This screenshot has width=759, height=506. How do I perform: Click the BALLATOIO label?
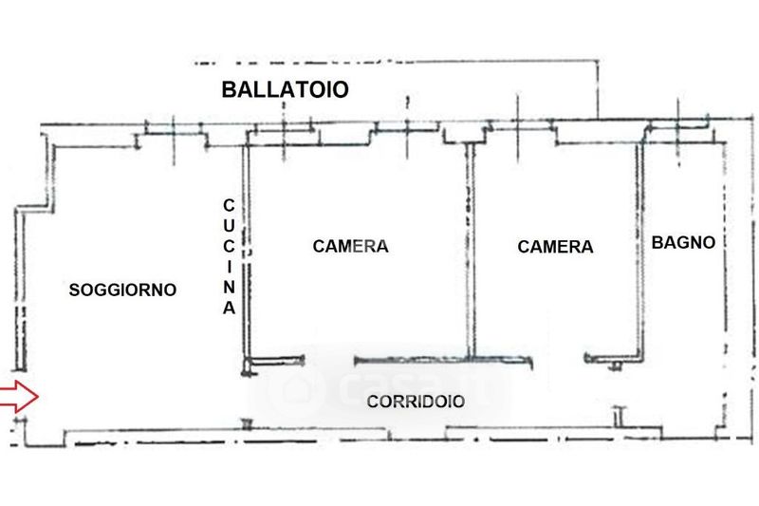(x=285, y=90)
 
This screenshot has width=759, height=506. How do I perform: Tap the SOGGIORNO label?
(x=123, y=290)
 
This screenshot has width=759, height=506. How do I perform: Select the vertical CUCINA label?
(x=228, y=256)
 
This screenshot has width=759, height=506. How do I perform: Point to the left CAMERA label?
(x=350, y=246)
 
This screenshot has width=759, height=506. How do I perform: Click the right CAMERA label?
(x=555, y=247)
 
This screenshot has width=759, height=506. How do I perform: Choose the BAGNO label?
(x=683, y=243)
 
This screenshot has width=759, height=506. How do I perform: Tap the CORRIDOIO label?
(x=416, y=402)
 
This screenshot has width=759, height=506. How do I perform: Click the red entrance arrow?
(x=18, y=396)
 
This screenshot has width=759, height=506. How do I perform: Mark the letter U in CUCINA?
(x=228, y=225)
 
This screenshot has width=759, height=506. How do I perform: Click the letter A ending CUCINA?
(x=228, y=309)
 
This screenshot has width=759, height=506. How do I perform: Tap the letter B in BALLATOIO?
(x=228, y=90)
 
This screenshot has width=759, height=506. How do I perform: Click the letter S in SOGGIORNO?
(x=74, y=290)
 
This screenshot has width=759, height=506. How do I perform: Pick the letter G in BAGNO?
(x=685, y=243)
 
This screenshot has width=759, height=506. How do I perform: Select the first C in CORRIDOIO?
(x=373, y=402)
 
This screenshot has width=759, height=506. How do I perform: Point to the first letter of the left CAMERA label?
(x=318, y=246)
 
